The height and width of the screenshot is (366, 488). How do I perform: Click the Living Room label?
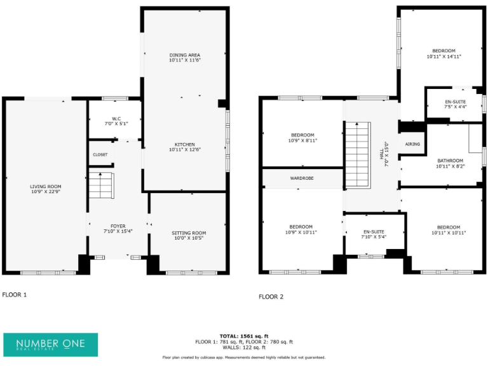(46, 186)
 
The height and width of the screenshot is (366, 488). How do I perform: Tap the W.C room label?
(116, 118)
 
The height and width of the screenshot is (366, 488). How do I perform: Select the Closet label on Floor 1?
(100, 154)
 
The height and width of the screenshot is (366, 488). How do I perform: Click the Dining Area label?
(184, 55)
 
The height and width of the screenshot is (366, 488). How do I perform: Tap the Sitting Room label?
(189, 233)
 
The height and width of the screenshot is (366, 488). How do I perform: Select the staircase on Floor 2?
(357, 155)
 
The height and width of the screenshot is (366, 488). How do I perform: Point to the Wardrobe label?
(302, 179)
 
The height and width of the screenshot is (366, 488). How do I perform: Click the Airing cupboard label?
(412, 144)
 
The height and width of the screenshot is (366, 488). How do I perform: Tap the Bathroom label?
(451, 161)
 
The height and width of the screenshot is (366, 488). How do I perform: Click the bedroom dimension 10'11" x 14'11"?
(444, 57)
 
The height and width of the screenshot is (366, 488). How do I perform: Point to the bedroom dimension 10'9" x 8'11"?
(302, 140)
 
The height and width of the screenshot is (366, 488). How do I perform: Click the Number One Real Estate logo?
(51, 344)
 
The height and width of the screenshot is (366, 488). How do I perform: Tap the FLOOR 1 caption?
(15, 295)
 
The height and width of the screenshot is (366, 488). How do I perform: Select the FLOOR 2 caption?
(271, 297)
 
